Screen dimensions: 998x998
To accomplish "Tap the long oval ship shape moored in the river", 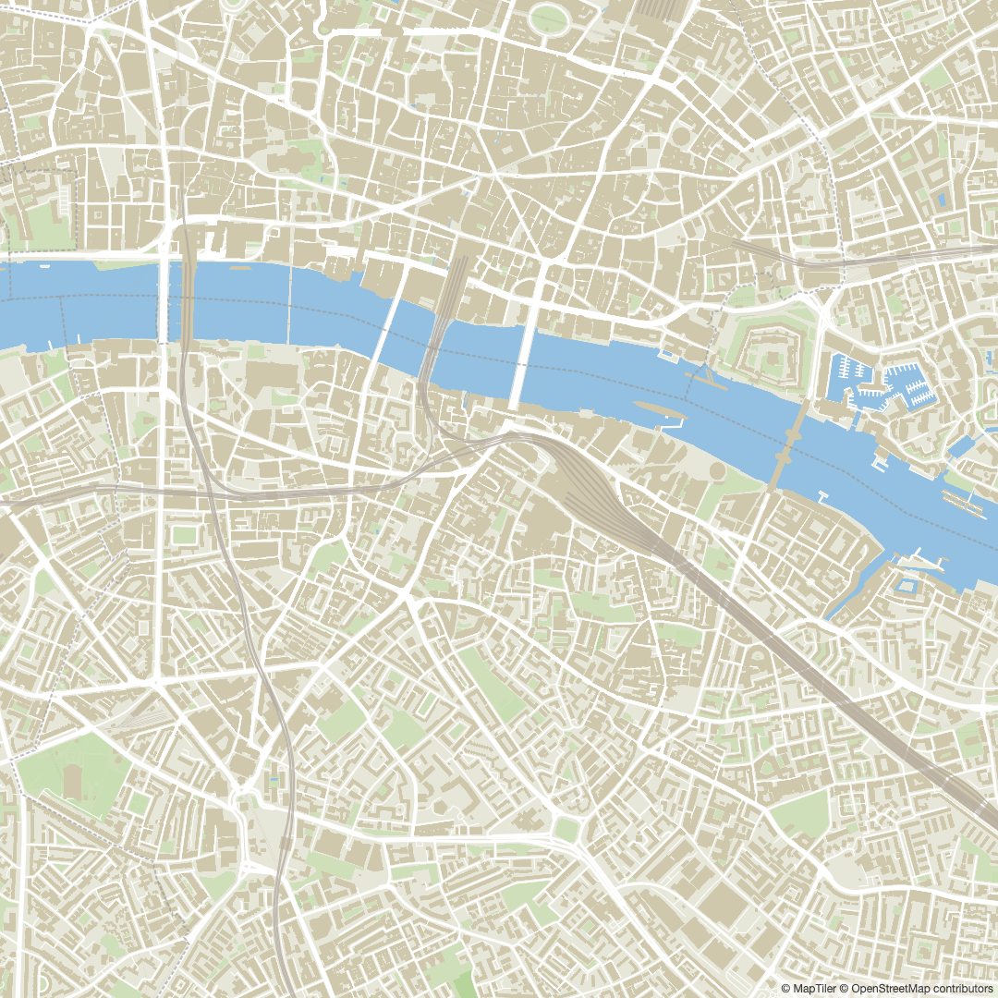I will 658,410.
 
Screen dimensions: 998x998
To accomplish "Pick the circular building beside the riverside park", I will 718,471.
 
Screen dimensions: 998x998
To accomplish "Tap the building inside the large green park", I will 73,782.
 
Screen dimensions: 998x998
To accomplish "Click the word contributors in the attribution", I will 957,988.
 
